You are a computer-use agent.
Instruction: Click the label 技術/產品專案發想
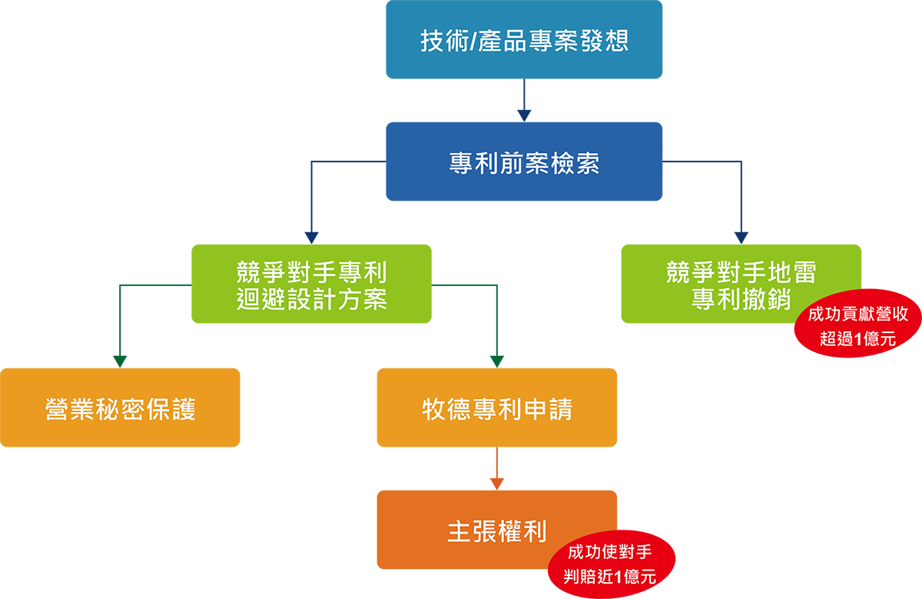coord(524,41)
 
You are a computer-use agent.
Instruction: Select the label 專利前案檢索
coord(524,164)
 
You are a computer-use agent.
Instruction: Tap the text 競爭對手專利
coord(312,273)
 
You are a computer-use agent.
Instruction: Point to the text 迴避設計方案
coord(312,300)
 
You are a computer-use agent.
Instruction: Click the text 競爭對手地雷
coord(741,273)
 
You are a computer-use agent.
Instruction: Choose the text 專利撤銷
coord(741,300)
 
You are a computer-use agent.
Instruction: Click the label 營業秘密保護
coord(121,409)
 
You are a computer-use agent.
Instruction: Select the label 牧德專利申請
coord(497,409)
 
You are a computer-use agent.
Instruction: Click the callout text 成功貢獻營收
coord(857,314)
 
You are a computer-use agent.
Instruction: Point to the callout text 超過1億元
coord(857,339)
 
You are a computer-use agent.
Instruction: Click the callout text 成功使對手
coord(609,552)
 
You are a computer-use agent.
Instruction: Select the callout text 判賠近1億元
coord(609,577)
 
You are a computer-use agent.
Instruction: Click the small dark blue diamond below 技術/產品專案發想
coord(524,100)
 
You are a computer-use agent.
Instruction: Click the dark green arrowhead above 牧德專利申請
coord(497,355)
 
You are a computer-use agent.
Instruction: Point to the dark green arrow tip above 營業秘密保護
coord(121,355)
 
